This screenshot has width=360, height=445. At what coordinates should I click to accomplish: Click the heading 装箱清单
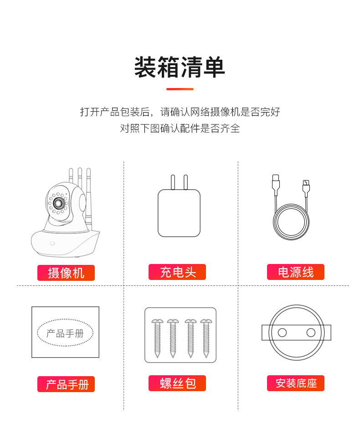[180, 67]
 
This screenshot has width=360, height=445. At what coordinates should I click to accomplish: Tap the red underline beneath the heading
[180, 89]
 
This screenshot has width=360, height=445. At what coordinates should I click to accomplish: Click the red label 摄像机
[66, 273]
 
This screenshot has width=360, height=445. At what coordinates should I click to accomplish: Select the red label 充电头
[177, 272]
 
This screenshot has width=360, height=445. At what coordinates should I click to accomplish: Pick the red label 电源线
[296, 272]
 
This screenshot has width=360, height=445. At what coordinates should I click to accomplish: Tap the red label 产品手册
[66, 384]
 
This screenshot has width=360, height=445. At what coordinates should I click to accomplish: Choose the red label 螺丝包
[177, 383]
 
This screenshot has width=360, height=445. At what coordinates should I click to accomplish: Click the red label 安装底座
[296, 383]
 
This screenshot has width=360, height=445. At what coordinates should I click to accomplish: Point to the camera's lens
[59, 202]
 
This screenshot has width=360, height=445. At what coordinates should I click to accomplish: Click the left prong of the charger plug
[173, 182]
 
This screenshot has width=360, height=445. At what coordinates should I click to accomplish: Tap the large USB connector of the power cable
[276, 185]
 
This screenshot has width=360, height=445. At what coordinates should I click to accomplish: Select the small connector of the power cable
[306, 188]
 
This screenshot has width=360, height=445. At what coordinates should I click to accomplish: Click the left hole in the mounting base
[282, 332]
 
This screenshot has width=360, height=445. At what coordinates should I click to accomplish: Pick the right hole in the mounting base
[311, 332]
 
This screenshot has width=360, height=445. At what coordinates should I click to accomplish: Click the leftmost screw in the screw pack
[157, 338]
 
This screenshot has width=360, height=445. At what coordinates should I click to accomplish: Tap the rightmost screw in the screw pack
[206, 338]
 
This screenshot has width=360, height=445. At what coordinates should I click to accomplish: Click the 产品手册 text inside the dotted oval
[65, 333]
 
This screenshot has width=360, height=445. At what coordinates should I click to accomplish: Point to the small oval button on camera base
[52, 243]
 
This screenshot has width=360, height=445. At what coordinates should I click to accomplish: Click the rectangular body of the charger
[179, 213]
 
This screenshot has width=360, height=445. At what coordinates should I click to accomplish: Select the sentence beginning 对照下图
[180, 128]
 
